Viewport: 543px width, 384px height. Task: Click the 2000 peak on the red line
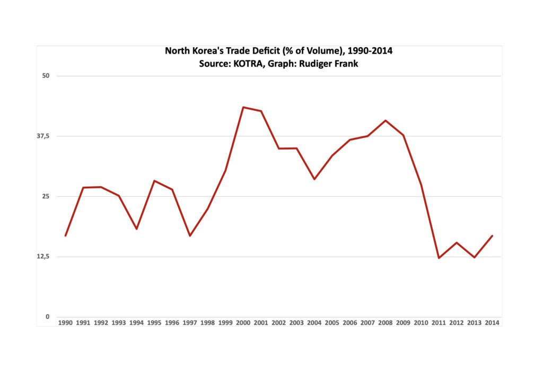tap(243, 107)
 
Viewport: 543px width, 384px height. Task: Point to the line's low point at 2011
tap(439, 258)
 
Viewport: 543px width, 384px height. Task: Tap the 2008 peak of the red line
tap(386, 120)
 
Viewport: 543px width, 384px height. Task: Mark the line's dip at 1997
tap(189, 235)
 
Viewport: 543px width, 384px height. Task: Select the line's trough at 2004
tap(314, 179)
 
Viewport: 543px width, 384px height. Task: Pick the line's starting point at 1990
tap(65, 235)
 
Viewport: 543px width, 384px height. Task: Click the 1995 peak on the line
tap(154, 181)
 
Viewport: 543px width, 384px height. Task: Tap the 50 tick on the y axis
tap(46, 76)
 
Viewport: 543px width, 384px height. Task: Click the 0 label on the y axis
tap(47, 317)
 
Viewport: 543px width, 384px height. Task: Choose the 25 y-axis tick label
tap(46, 196)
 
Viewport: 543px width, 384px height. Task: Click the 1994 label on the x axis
tap(136, 322)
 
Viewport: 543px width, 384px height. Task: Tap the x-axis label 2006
tap(350, 322)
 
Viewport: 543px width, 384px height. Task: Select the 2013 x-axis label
tap(475, 322)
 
